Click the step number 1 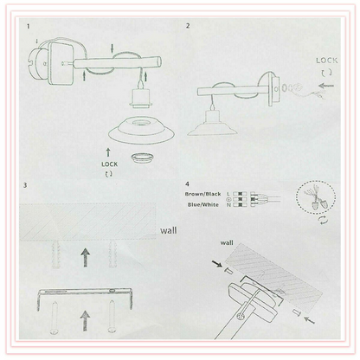pos(28,27)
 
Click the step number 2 pos(188,26)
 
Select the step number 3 pos(25,185)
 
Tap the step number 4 pos(188,184)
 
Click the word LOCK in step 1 pos(109,164)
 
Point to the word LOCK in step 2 pos(326,61)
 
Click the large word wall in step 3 pos(169,230)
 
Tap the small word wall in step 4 pos(227,243)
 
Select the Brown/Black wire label pos(203,194)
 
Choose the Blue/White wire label pos(203,205)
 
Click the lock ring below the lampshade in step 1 pos(141,157)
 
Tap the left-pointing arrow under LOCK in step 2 pos(326,86)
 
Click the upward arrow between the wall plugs pos(85,258)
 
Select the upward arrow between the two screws pos(85,320)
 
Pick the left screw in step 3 pos(54,318)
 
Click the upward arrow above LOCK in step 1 pos(108,153)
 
